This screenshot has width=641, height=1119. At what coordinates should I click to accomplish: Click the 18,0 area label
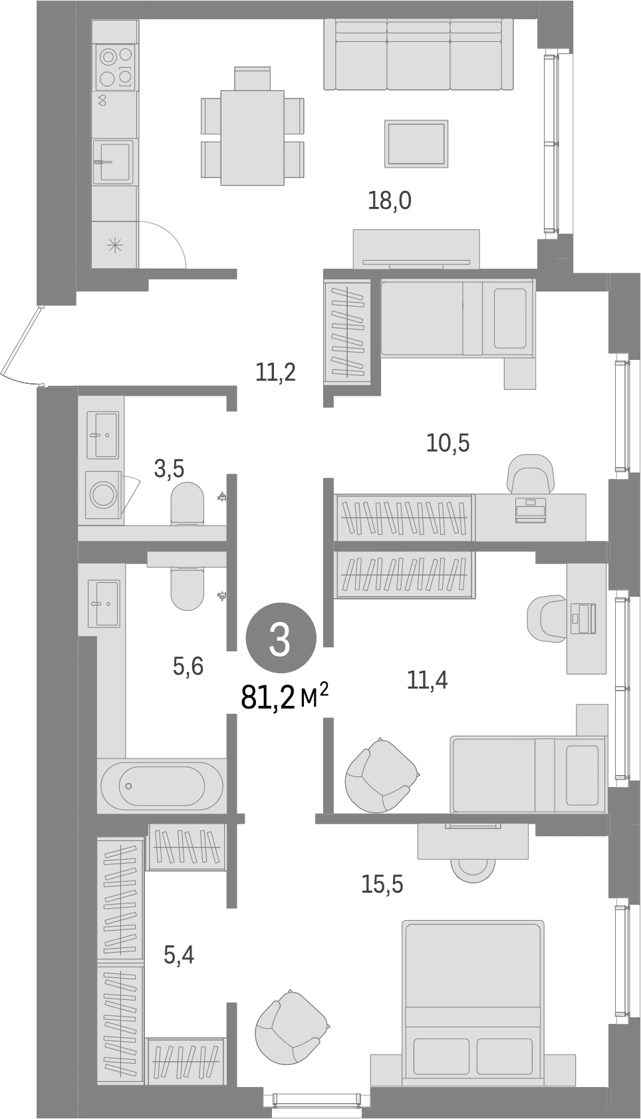(390, 201)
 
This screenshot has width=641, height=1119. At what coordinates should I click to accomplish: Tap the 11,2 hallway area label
(275, 372)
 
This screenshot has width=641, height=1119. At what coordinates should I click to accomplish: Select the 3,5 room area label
(169, 469)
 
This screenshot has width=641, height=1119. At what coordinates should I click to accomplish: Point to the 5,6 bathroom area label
(188, 666)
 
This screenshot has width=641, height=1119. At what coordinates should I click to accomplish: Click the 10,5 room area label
(448, 442)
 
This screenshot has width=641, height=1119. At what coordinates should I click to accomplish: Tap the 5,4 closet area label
(179, 955)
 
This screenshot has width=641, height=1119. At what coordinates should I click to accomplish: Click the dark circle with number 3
(281, 641)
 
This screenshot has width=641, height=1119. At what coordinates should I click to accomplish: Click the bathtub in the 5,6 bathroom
(162, 785)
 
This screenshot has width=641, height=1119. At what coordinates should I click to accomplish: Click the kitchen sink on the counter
(113, 162)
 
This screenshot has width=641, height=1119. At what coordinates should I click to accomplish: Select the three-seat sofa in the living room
(418, 55)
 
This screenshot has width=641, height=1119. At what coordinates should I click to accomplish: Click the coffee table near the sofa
(416, 144)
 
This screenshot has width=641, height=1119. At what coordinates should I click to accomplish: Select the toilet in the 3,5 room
(188, 504)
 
